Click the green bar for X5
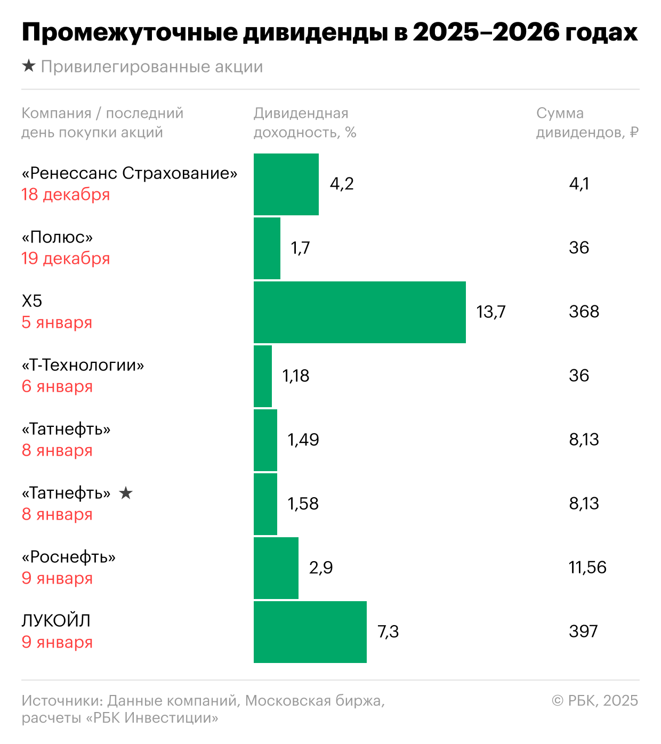click(359, 312)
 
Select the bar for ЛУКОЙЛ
click(310, 632)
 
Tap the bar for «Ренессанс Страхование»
click(286, 184)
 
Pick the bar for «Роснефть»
click(276, 568)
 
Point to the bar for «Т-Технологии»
click(262, 376)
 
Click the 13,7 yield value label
click(490, 312)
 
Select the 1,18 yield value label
click(295, 376)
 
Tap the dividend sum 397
click(583, 632)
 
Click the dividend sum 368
click(584, 312)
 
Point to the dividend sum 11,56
click(587, 568)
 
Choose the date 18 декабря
click(66, 195)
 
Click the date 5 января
click(57, 322)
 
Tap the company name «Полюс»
click(57, 237)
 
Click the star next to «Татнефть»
click(126, 493)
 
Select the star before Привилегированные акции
click(28, 66)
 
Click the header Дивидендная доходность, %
click(304, 123)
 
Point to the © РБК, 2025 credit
click(595, 700)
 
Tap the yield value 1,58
click(303, 504)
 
